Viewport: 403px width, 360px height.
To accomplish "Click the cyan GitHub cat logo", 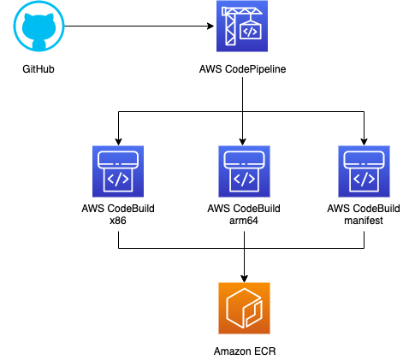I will click(39, 27).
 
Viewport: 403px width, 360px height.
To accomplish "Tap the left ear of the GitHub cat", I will click(28, 16).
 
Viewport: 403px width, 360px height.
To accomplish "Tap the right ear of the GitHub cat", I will click(50, 16).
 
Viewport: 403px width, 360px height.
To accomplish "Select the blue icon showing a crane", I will click(242, 26).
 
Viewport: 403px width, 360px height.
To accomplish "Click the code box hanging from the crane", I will click(250, 31).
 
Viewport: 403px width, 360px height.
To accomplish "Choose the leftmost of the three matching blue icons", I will click(118, 171).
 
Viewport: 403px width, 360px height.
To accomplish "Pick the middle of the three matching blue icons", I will click(244, 171).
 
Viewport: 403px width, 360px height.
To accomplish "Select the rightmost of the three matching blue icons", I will click(364, 171).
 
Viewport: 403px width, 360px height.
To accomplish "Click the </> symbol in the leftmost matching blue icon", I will click(118, 179).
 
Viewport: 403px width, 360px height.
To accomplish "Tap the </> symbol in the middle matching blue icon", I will click(244, 179).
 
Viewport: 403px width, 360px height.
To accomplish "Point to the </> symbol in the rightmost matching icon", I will click(364, 179).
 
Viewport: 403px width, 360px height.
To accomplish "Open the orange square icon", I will click(244, 308).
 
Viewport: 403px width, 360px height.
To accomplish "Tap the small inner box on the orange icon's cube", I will click(253, 313).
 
